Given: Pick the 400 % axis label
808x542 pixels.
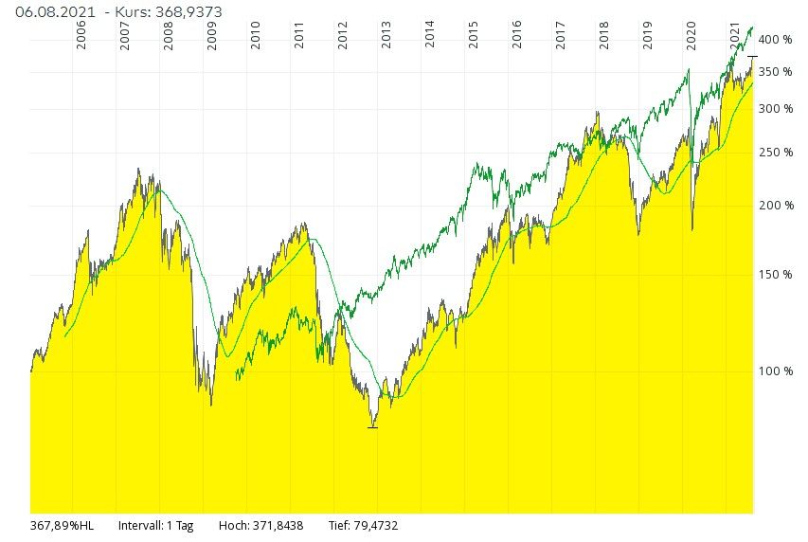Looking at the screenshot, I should click(775, 40).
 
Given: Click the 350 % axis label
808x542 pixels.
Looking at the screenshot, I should click(775, 72).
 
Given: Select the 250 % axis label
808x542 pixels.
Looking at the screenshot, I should click(775, 153).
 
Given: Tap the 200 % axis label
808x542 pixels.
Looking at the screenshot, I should click(775, 206).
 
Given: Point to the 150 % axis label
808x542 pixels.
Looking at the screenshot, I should click(775, 275).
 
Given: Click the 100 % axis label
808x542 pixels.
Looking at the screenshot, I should click(775, 370).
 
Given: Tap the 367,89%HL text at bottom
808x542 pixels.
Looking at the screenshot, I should click(63, 524).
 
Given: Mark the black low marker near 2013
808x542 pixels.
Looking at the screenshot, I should click(372, 427).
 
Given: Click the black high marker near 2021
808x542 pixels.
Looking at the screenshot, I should click(752, 57).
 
